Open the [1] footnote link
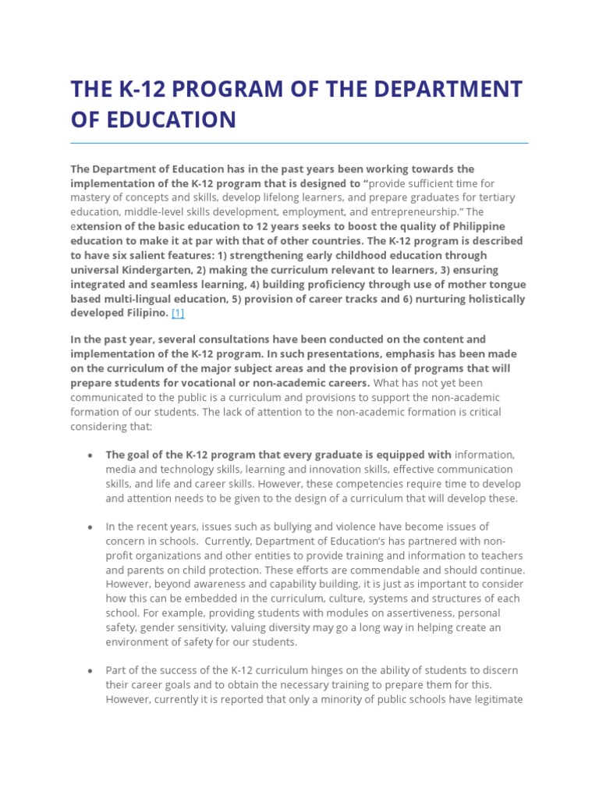(178, 313)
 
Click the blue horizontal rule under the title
(299, 143)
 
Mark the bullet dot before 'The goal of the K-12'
(91, 455)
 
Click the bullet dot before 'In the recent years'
(91, 527)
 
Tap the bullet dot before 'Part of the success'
(91, 671)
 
